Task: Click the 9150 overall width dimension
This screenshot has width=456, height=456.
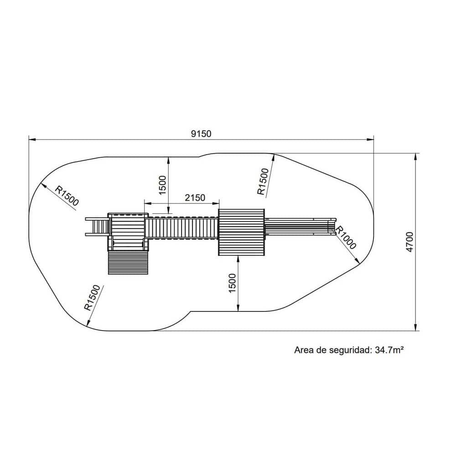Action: click(201, 134)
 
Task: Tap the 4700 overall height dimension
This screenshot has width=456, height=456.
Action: click(410, 242)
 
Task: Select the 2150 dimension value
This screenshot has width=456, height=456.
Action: click(195, 198)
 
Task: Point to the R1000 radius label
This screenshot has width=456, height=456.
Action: click(346, 238)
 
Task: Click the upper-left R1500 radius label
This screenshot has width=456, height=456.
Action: click(67, 196)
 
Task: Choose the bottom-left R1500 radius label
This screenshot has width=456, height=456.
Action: click(92, 297)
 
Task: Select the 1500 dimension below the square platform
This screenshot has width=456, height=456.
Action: click(233, 283)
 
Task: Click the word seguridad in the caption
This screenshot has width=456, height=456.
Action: click(350, 350)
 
